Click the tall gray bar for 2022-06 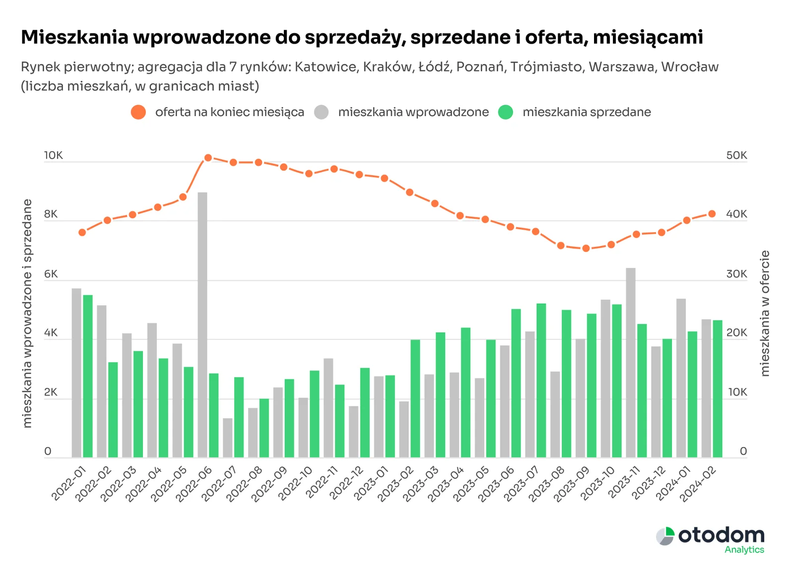[x=202, y=325]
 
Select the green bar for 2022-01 [x=88, y=376]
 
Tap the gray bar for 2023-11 [x=631, y=363]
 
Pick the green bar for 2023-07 [x=541, y=380]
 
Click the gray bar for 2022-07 [x=228, y=438]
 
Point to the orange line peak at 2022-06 [x=208, y=158]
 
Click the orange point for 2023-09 [x=586, y=248]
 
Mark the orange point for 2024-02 [x=712, y=214]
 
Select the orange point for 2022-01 [x=82, y=232]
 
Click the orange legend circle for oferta [x=138, y=112]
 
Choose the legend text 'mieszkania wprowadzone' [x=413, y=112]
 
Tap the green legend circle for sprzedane [x=505, y=112]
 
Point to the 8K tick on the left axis [x=51, y=214]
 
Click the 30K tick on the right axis [x=736, y=274]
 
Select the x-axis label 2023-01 [x=370, y=484]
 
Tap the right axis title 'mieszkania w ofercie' [x=765, y=313]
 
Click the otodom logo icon [x=665, y=536]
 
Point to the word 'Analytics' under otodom [x=744, y=550]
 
